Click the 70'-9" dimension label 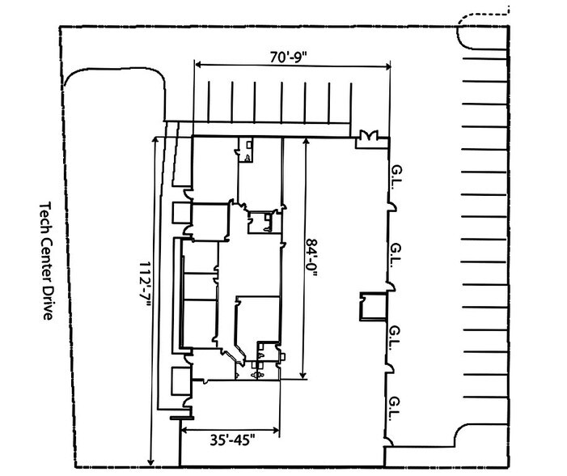(288, 57)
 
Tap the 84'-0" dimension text (311, 257)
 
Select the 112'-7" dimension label (145, 284)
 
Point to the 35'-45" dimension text (232, 440)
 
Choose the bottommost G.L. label (395, 409)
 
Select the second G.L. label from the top (396, 255)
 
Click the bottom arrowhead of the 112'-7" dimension (151, 461)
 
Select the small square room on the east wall (374, 307)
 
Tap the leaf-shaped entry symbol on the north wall (369, 136)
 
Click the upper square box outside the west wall (181, 213)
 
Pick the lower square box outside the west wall (181, 381)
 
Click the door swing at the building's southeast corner (389, 442)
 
